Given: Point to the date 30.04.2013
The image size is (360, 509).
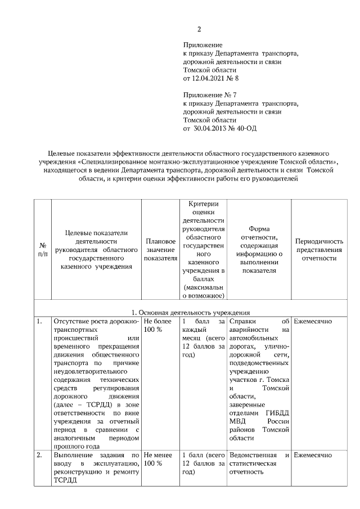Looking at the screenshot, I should pos(211,128).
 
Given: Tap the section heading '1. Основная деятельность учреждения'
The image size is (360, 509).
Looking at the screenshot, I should pos(187,313).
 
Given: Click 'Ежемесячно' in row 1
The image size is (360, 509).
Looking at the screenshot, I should pos(313,321).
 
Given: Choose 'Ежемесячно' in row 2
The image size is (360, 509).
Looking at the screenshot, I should pos(313,454).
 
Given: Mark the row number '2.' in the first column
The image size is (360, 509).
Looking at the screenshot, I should pos(40,454).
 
